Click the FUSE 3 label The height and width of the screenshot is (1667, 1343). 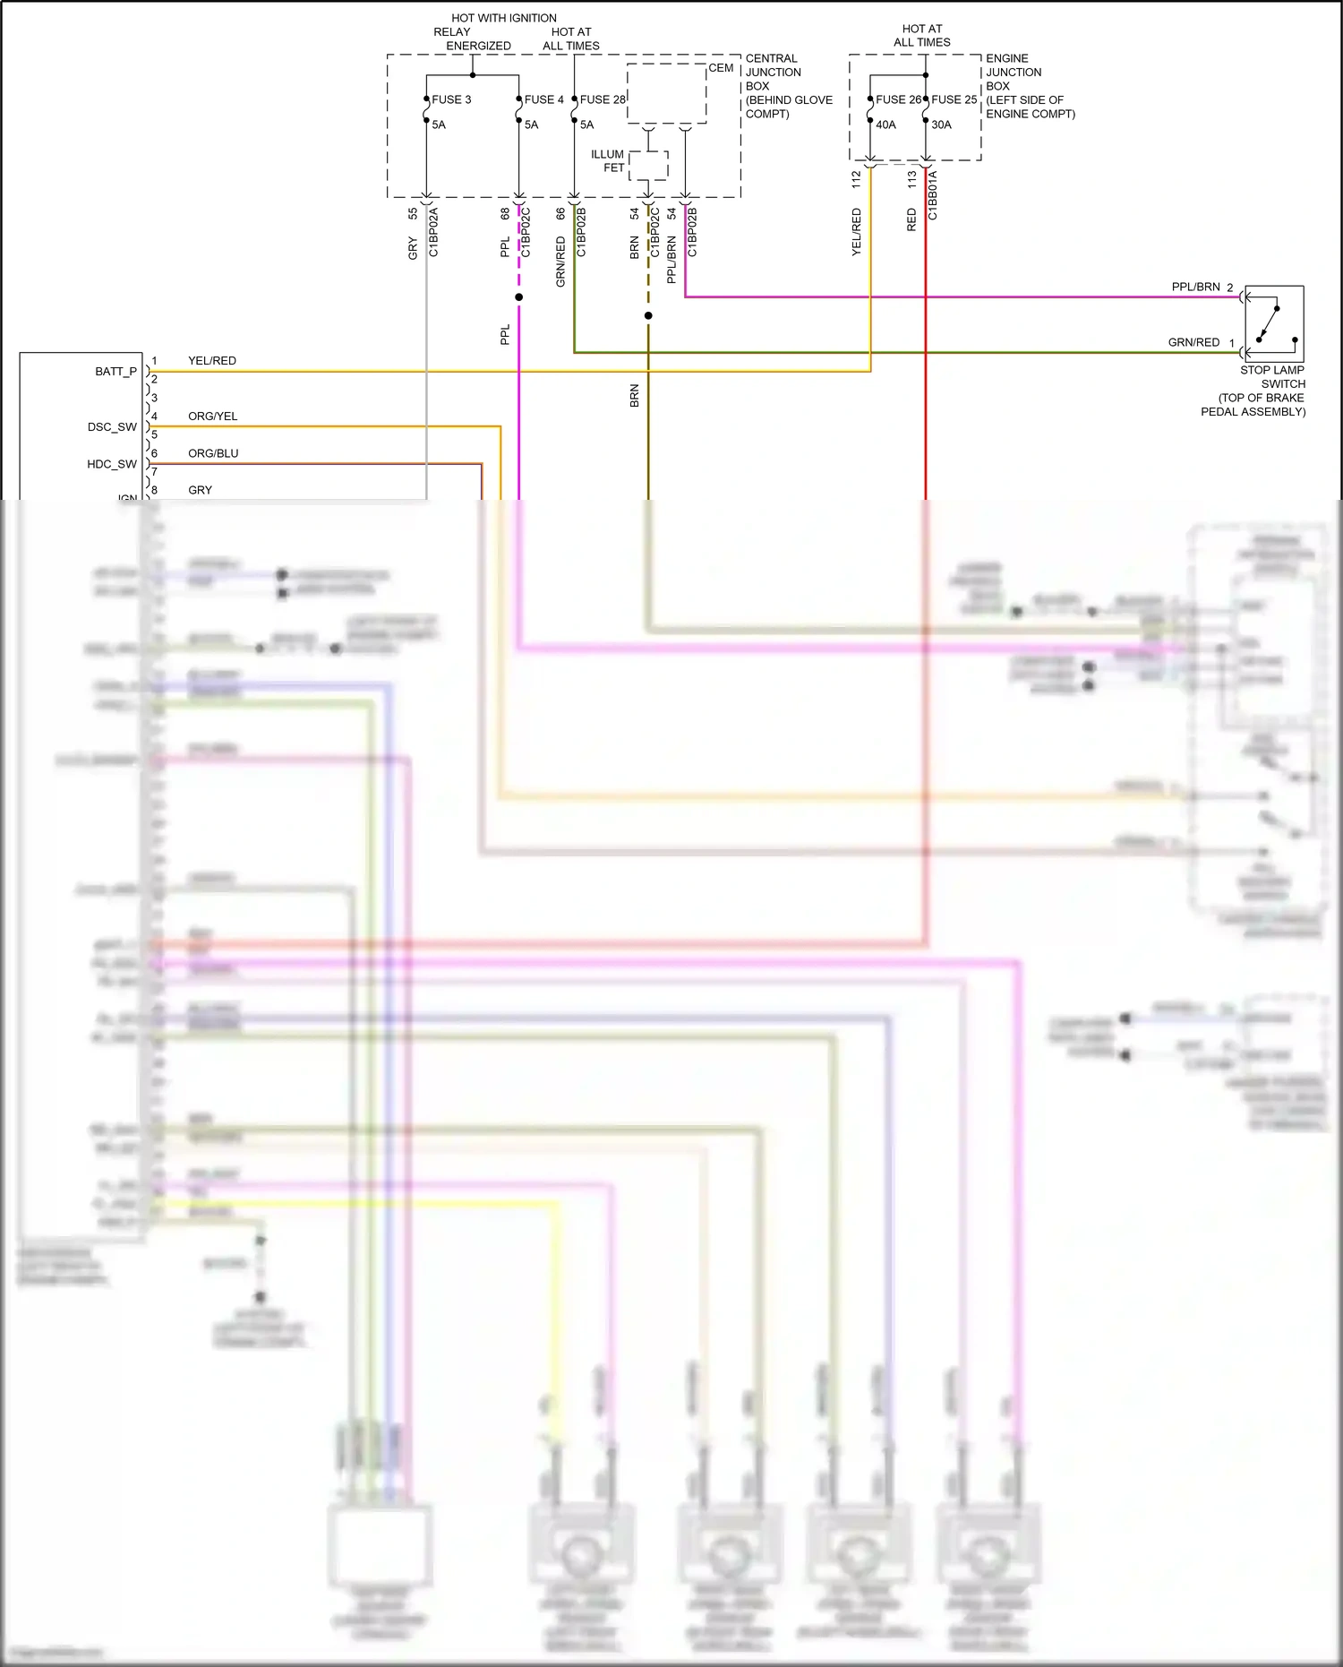[x=451, y=99]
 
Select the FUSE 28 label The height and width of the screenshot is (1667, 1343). [x=603, y=99]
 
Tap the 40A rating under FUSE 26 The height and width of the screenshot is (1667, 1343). [x=885, y=125]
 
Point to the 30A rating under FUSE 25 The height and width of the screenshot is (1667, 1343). [x=941, y=125]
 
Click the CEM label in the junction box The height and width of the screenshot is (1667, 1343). [x=721, y=68]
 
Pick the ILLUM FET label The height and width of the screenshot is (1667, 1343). [x=608, y=161]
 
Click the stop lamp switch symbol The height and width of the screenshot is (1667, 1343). [x=1273, y=323]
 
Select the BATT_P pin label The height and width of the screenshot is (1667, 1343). [x=115, y=371]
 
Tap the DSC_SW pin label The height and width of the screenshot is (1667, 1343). [x=112, y=426]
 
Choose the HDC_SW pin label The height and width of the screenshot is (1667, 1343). [x=112, y=464]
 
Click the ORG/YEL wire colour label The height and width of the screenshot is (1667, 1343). [x=212, y=417]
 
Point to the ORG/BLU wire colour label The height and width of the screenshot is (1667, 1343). [x=213, y=453]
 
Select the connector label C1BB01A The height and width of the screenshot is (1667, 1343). [x=933, y=195]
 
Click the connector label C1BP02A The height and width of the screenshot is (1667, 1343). [x=434, y=232]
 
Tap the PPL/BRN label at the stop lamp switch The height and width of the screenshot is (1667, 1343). [x=1195, y=287]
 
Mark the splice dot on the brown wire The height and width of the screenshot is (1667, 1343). [x=648, y=315]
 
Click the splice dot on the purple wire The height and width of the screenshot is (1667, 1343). [x=519, y=296]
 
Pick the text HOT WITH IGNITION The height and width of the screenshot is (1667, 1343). [x=504, y=18]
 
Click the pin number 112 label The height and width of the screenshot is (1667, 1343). [x=856, y=180]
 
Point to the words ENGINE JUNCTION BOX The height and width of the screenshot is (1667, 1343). [x=1014, y=72]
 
